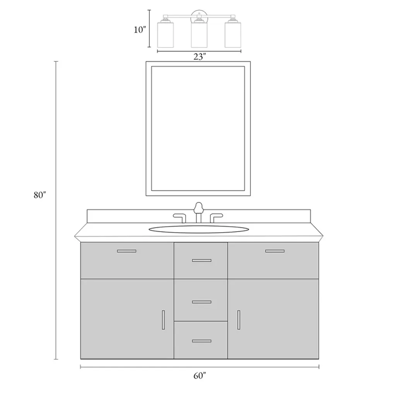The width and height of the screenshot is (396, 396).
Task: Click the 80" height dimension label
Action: (x=40, y=195)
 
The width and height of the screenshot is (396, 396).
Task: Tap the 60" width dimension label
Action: (x=200, y=376)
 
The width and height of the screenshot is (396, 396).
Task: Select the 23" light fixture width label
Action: (x=200, y=57)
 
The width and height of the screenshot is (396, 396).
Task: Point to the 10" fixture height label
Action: (x=140, y=30)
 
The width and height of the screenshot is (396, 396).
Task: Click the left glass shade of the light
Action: (x=166, y=34)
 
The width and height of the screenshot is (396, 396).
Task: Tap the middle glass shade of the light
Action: (x=199, y=34)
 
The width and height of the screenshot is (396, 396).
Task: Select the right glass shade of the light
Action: (x=233, y=34)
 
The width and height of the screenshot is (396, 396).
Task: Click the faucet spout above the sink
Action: (x=198, y=212)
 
